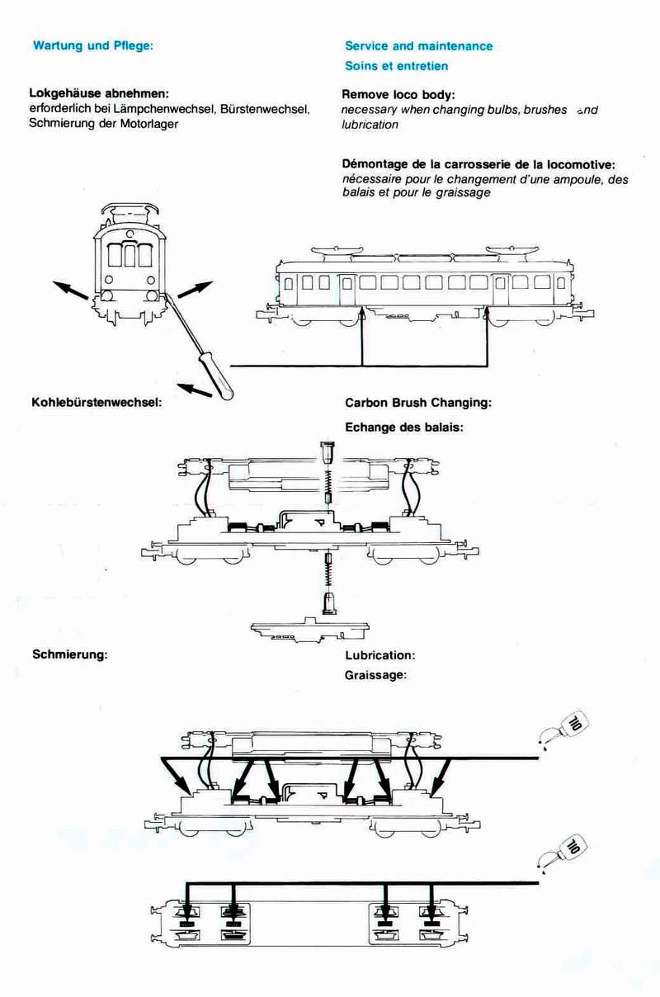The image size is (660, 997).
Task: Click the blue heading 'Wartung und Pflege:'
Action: click(x=93, y=46)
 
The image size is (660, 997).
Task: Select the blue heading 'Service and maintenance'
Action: click(x=418, y=46)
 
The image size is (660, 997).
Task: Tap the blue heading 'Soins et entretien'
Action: click(x=396, y=66)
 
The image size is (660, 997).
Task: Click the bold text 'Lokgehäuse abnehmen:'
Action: click(x=99, y=93)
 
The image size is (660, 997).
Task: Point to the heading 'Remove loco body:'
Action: click(x=398, y=95)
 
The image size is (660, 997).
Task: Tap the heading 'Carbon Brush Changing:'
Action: click(x=418, y=403)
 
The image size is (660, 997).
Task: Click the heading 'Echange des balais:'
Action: click(x=404, y=427)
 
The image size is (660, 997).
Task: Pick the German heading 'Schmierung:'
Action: click(x=70, y=654)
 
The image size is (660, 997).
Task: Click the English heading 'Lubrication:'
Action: click(x=379, y=655)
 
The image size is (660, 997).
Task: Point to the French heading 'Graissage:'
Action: click(x=376, y=674)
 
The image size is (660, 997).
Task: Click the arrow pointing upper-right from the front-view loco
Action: click(x=195, y=290)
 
